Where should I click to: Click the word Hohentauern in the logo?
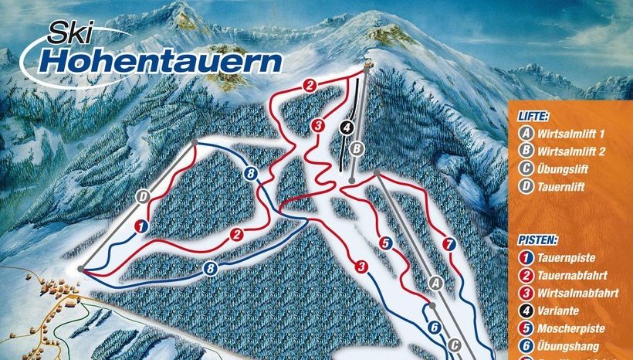pyautogui.click(x=162, y=60)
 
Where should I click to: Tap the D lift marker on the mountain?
pyautogui.click(x=143, y=196)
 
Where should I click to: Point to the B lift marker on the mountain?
pyautogui.click(x=356, y=148)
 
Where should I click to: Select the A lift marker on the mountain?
pyautogui.click(x=434, y=284)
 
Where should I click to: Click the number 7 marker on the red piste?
pyautogui.click(x=449, y=246)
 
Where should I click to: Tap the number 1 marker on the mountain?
pyautogui.click(x=140, y=226)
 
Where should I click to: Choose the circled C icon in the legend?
pyautogui.click(x=526, y=168)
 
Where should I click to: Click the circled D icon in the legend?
pyautogui.click(x=526, y=186)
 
